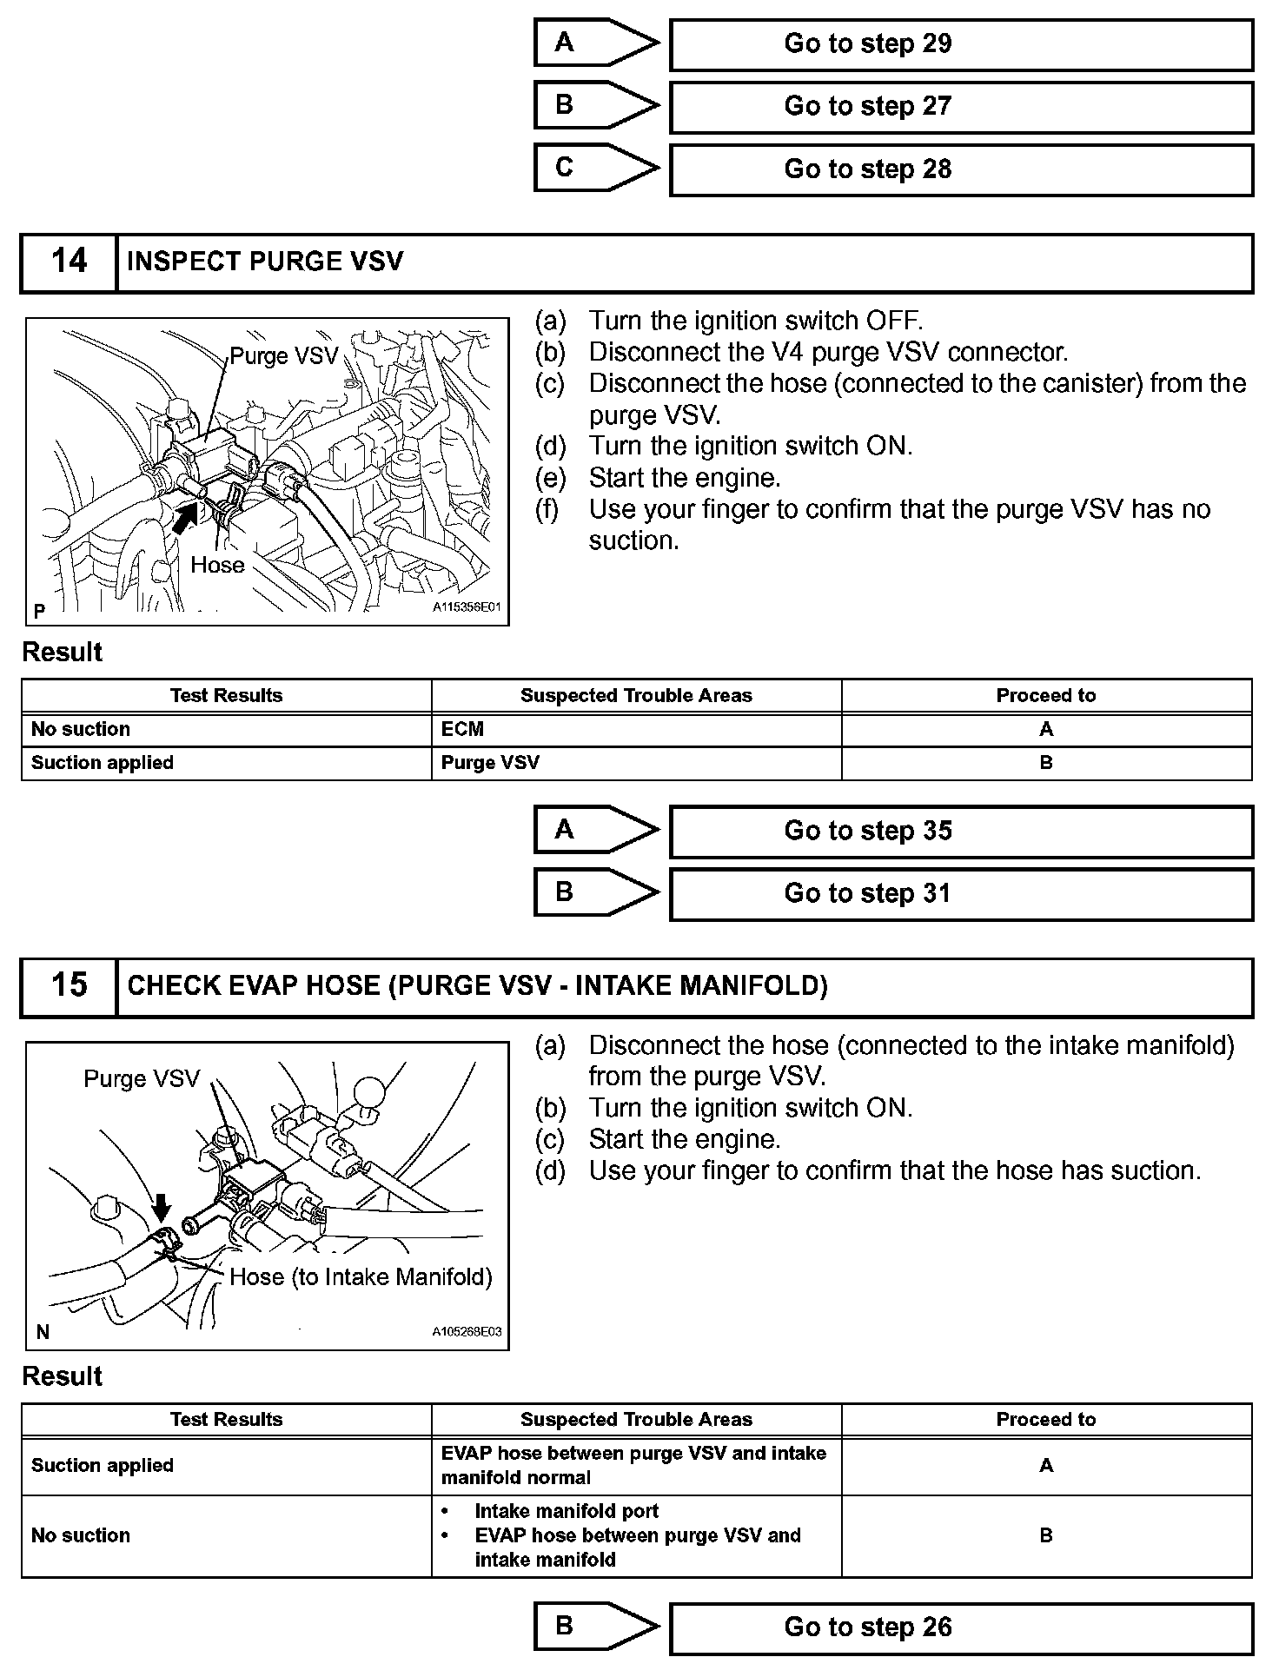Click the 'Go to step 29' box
960,44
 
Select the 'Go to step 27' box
960,107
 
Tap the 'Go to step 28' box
960,169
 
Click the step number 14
69,262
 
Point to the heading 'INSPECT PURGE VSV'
265,262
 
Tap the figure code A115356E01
467,607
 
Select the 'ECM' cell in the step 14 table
462,729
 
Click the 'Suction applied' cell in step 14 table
103,763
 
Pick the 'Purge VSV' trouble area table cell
490,763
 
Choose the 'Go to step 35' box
960,832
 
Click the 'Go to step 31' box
960,894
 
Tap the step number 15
69,985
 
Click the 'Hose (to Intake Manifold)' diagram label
361,1276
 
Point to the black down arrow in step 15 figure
162,1207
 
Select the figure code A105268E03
467,1331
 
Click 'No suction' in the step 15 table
81,1535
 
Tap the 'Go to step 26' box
960,1627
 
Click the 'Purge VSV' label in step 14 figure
283,356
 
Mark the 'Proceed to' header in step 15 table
1046,1419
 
